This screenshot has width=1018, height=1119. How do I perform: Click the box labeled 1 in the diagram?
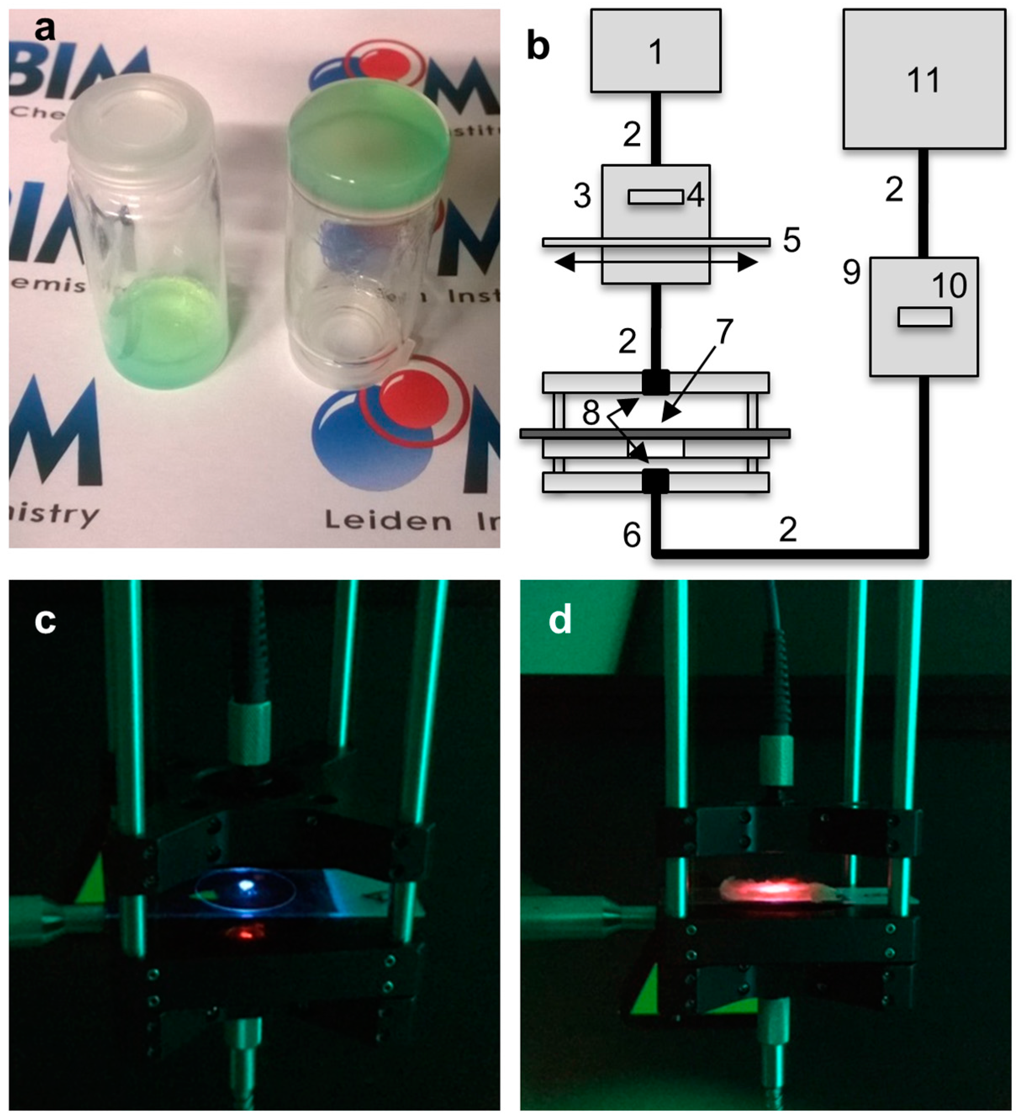(656, 51)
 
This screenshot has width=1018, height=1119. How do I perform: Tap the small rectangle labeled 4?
(656, 197)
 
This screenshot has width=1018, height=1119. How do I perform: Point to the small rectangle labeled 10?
(925, 317)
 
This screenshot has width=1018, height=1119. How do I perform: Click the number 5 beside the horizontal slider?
(791, 240)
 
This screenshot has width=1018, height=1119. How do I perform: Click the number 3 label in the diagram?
(582, 196)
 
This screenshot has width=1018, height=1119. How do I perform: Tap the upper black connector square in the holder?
(656, 383)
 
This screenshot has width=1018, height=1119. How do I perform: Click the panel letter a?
(45, 29)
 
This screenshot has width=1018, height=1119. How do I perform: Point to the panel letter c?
(45, 621)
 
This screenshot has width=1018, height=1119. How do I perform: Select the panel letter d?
(560, 621)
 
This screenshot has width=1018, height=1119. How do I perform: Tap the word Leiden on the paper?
(388, 521)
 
